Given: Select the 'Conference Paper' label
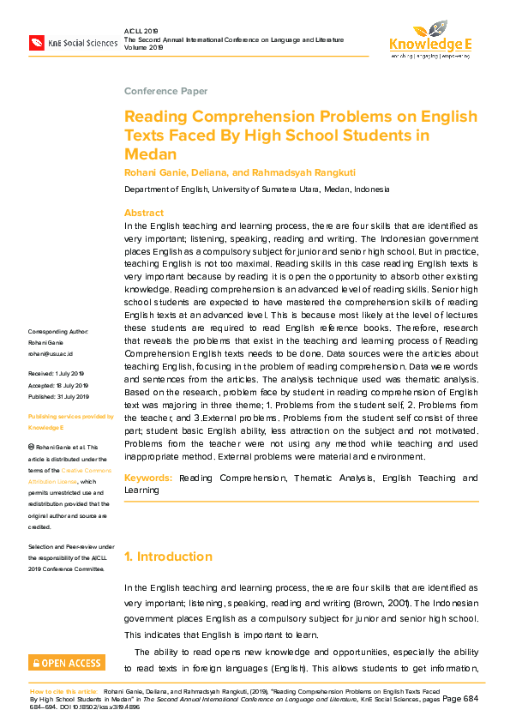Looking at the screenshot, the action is click(165, 91).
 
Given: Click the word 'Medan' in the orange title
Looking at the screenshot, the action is click(152, 154).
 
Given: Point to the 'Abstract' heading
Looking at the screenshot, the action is click(144, 213).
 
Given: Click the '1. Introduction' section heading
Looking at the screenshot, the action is click(168, 557).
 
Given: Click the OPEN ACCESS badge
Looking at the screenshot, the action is click(67, 663).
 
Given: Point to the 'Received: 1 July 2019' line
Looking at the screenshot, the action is click(57, 374).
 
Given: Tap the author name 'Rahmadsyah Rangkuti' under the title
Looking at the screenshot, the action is click(272, 172).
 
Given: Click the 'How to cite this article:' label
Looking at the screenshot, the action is click(63, 690).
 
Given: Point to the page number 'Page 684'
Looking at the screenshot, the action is click(460, 699).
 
